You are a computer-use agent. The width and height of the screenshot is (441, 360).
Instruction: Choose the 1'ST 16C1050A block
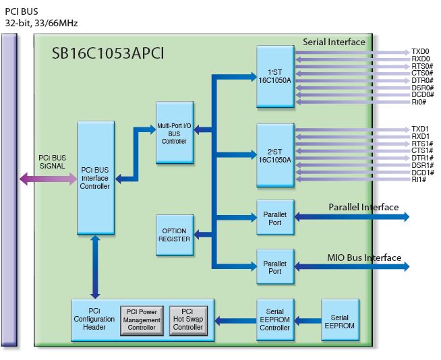coord(275,76)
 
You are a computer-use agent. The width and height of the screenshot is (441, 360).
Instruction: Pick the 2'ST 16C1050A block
coord(275,154)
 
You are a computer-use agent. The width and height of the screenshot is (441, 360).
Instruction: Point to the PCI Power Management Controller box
coord(142,320)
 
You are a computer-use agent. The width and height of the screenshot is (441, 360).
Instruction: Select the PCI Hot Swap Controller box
coord(187,320)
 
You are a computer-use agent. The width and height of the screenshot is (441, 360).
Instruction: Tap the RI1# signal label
coord(419,180)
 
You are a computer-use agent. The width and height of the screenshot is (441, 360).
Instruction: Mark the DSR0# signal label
coord(421,88)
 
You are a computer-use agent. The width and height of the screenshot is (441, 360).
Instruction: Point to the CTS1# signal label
coord(421,150)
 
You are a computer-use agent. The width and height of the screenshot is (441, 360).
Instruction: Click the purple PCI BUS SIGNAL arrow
coord(48,179)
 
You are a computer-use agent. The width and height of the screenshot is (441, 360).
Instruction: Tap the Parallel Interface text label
coord(363,207)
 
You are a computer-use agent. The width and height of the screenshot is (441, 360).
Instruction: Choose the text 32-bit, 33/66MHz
coord(41,24)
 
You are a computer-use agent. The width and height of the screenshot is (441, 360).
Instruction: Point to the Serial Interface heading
coord(334,42)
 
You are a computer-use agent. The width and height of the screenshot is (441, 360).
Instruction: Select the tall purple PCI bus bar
coord(9,189)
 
